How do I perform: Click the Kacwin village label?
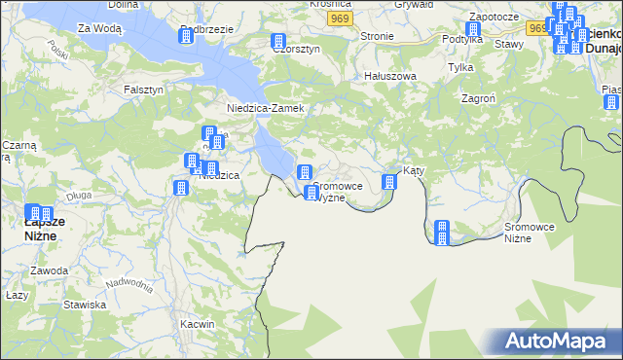tap(197, 323)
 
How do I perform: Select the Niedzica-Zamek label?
tap(266, 108)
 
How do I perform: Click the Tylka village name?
tap(460, 67)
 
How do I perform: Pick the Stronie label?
tap(377, 36)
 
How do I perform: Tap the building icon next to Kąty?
tap(390, 181)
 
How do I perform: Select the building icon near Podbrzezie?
tap(186, 37)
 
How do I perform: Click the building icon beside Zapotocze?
tap(473, 30)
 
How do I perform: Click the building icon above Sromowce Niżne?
tap(441, 231)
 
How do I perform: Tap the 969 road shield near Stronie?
tap(339, 19)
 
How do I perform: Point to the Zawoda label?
tap(48, 270)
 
